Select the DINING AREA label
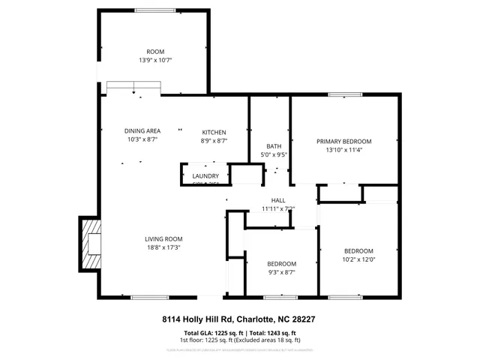[x=142, y=131]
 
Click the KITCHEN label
[x=214, y=132]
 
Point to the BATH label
[x=274, y=146]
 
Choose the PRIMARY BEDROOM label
[x=343, y=141]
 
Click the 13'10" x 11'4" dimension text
[x=343, y=149]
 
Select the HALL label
[x=278, y=200]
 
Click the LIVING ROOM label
[x=163, y=239]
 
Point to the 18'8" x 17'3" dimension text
[x=163, y=247]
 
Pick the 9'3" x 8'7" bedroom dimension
[x=282, y=272]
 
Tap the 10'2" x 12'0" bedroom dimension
[x=358, y=259]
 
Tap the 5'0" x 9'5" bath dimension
[x=274, y=155]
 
